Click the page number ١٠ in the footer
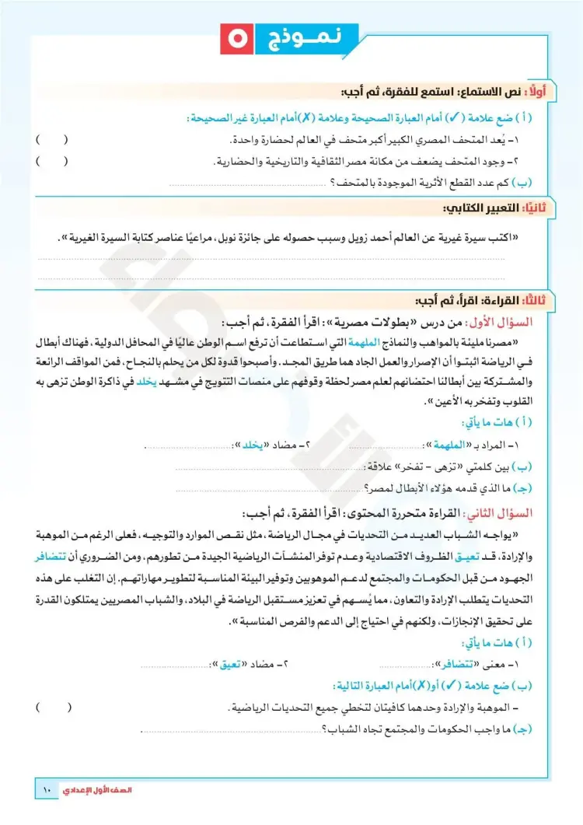tap(46, 791)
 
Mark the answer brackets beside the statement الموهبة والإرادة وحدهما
tap(53, 708)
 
